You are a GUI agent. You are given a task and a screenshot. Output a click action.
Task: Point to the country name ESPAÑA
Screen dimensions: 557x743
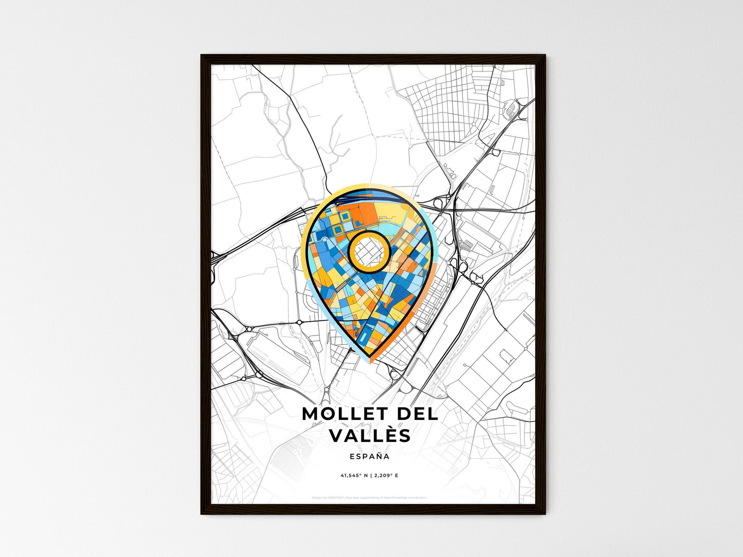369,456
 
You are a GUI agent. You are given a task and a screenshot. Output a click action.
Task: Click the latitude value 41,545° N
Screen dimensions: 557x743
355,476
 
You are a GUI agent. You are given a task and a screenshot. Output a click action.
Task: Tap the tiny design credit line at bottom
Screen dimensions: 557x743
369,497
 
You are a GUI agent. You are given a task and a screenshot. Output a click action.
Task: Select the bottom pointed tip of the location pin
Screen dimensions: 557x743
370,357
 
